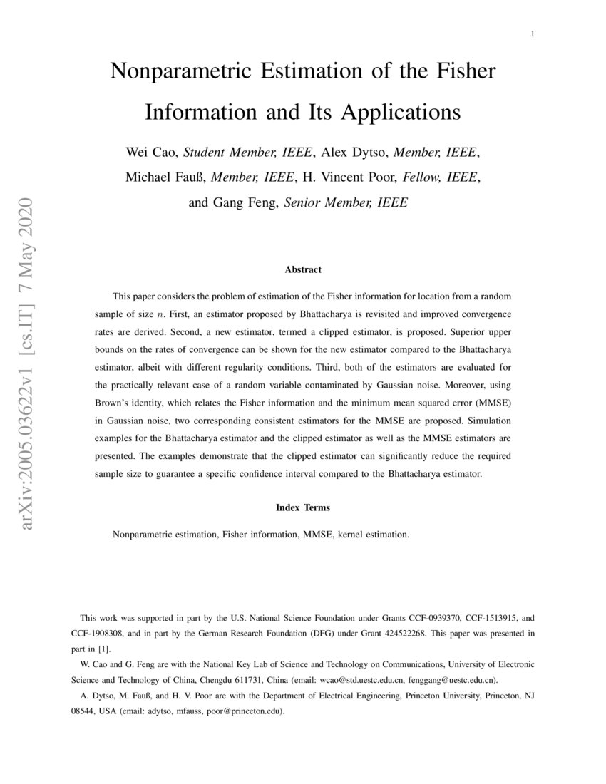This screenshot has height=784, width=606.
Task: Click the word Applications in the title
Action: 401,113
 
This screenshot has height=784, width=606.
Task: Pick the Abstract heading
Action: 303,269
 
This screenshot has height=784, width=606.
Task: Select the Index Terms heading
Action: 303,507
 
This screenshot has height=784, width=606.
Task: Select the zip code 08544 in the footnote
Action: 83,711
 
